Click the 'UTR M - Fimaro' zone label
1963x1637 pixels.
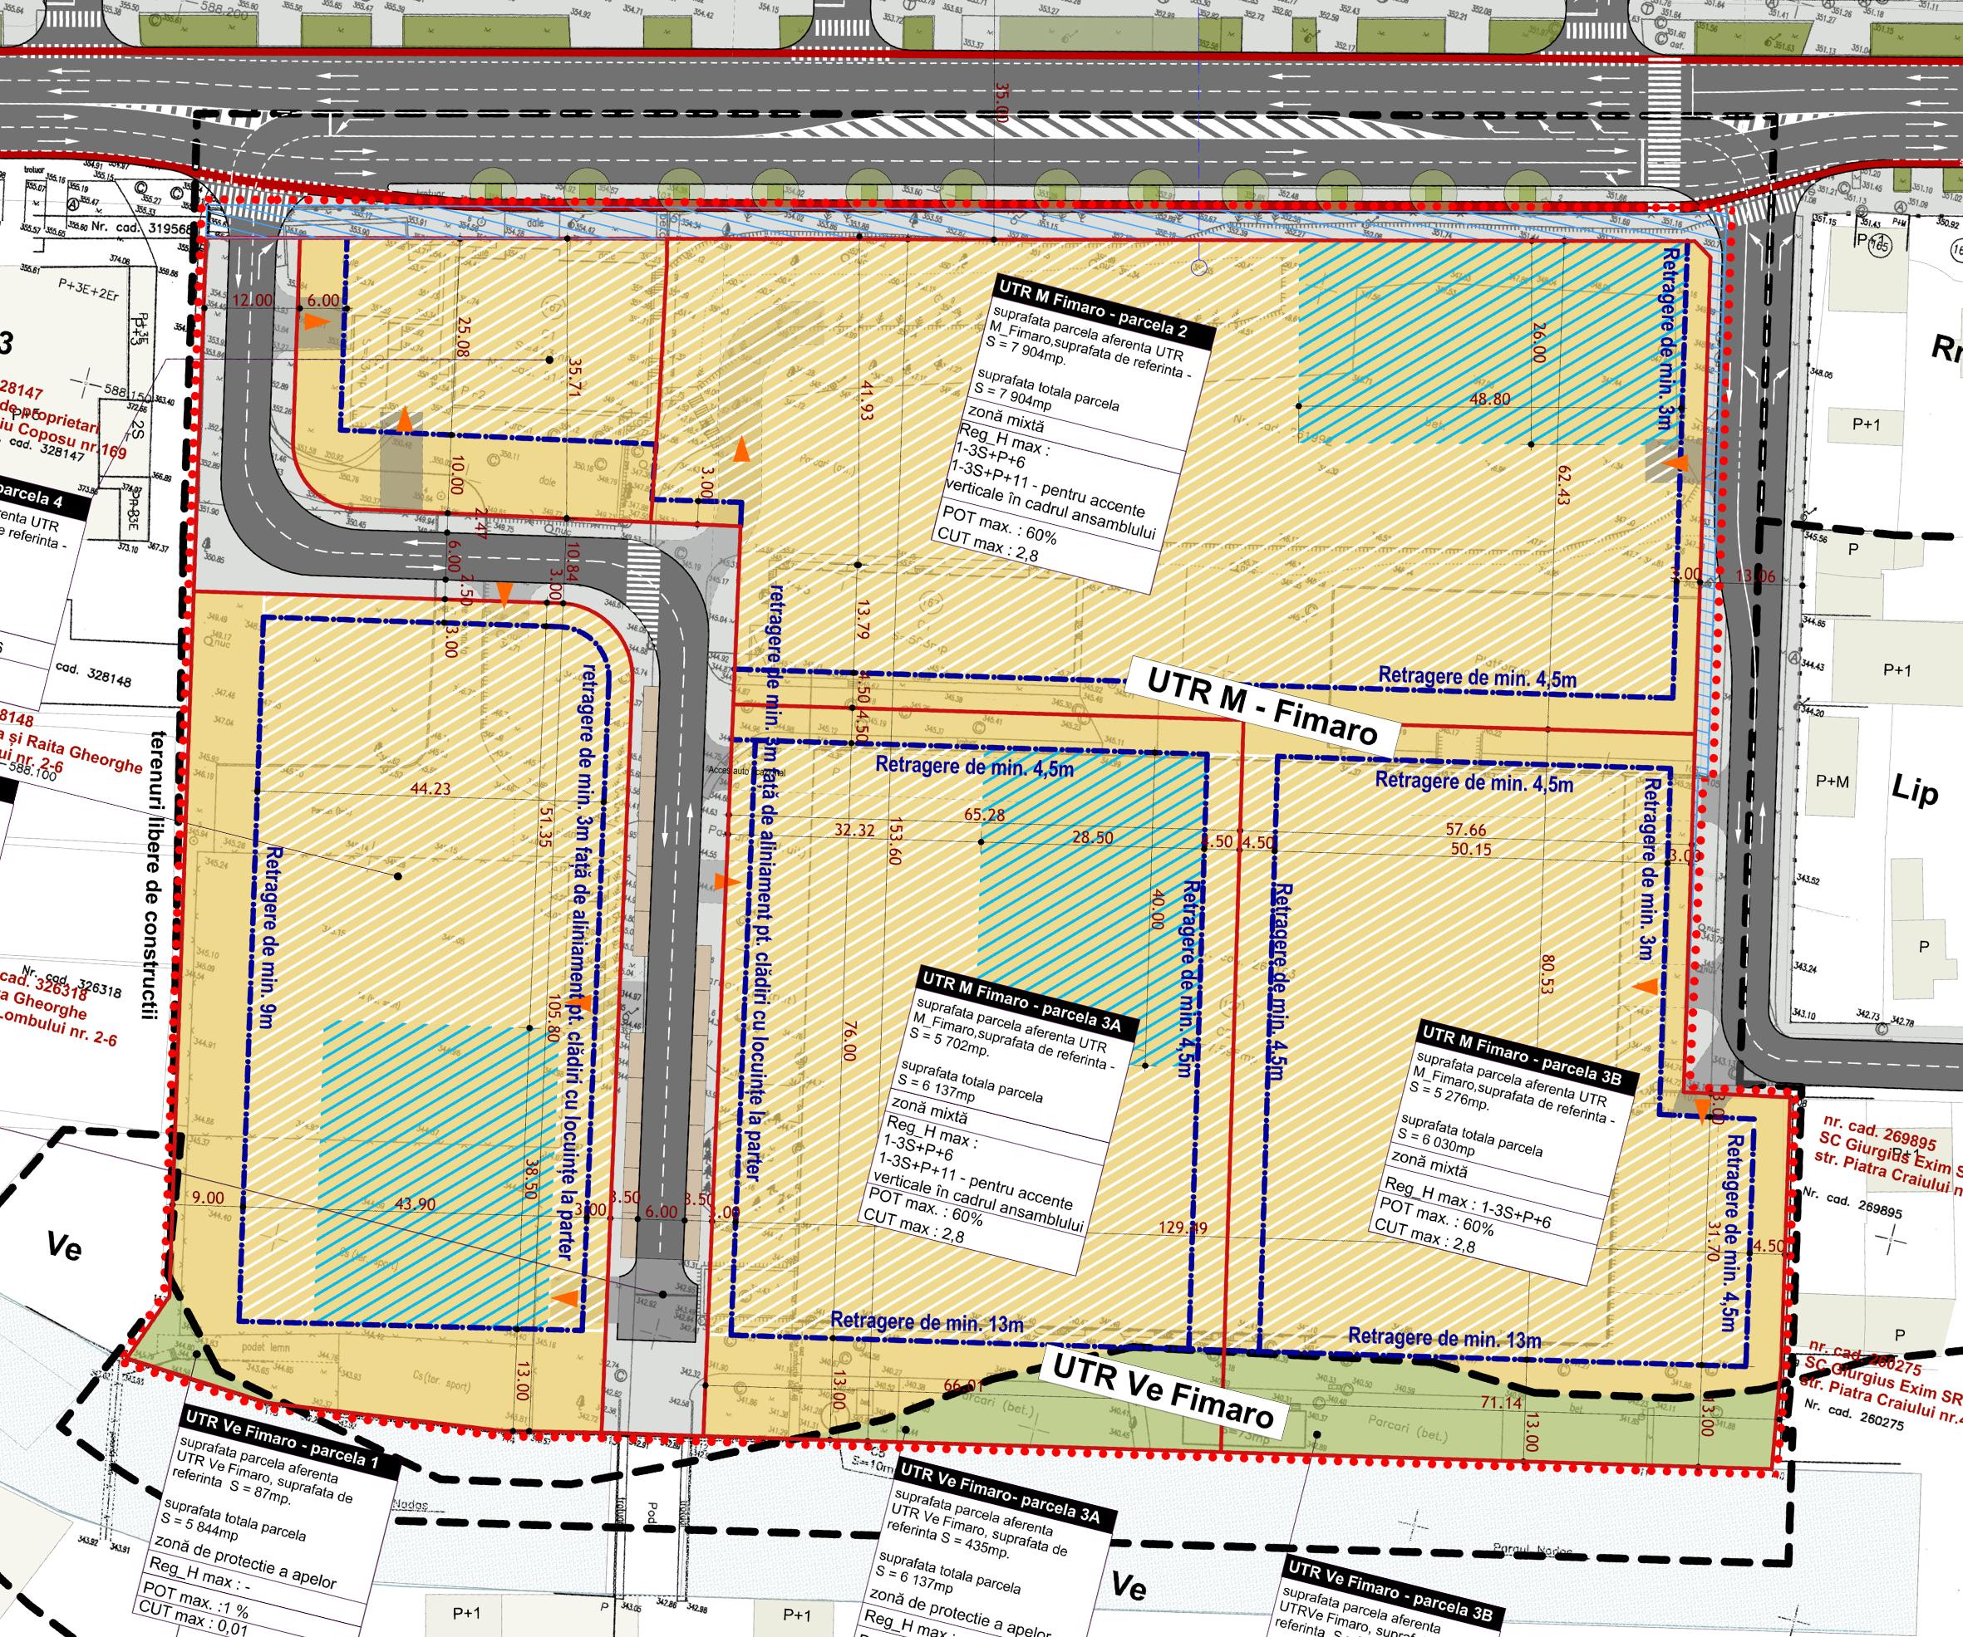coord(1262,706)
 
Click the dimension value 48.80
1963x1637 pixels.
coord(1490,399)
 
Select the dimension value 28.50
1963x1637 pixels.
coord(1093,837)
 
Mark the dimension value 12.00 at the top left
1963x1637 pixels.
coord(253,300)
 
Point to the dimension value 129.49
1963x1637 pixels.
coord(1183,1227)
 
